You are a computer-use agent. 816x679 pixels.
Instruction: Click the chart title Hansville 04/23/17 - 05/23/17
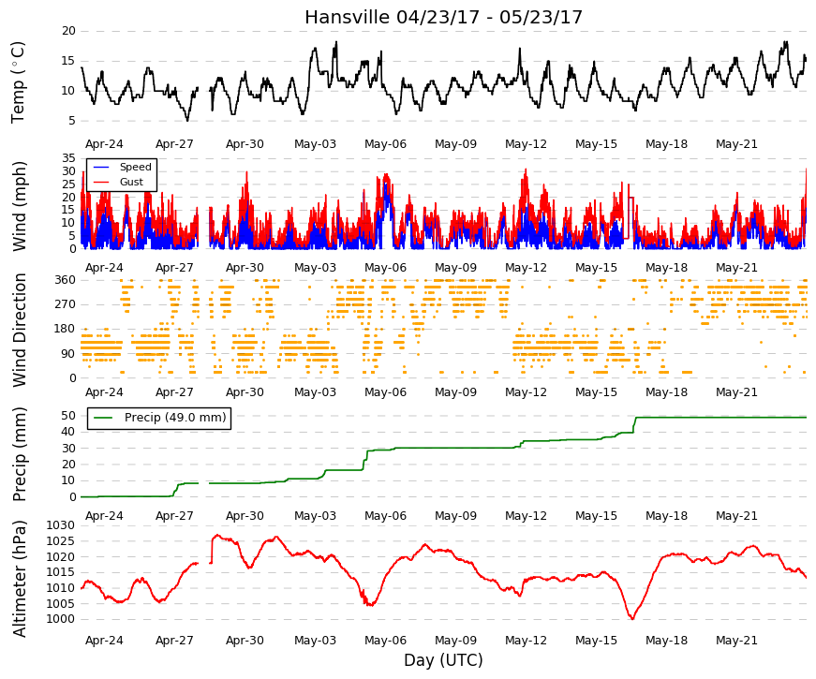443,17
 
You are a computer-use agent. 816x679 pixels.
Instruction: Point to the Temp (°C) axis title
18,83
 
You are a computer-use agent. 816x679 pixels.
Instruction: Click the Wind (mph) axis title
19,207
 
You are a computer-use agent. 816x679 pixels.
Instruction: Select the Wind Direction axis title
19,331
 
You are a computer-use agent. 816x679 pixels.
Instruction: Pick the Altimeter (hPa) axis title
19,579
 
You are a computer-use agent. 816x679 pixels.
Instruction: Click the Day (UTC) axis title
443,660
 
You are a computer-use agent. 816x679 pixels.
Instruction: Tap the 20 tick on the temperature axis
68,31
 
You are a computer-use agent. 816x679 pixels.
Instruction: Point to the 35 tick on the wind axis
68,158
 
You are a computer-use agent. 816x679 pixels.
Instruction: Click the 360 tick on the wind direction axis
66,280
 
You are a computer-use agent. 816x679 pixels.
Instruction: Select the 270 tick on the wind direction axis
66,304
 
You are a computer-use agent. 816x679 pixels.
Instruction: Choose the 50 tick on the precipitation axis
68,416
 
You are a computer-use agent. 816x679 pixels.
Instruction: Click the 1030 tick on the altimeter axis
61,525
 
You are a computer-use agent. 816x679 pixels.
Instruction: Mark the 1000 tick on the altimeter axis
61,619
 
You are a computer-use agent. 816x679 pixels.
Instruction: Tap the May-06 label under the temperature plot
385,144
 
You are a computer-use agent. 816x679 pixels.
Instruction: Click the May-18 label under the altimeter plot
666,641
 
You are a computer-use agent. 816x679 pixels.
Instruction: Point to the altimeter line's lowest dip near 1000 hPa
632,619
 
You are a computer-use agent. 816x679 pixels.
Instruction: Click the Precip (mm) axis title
19,454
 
